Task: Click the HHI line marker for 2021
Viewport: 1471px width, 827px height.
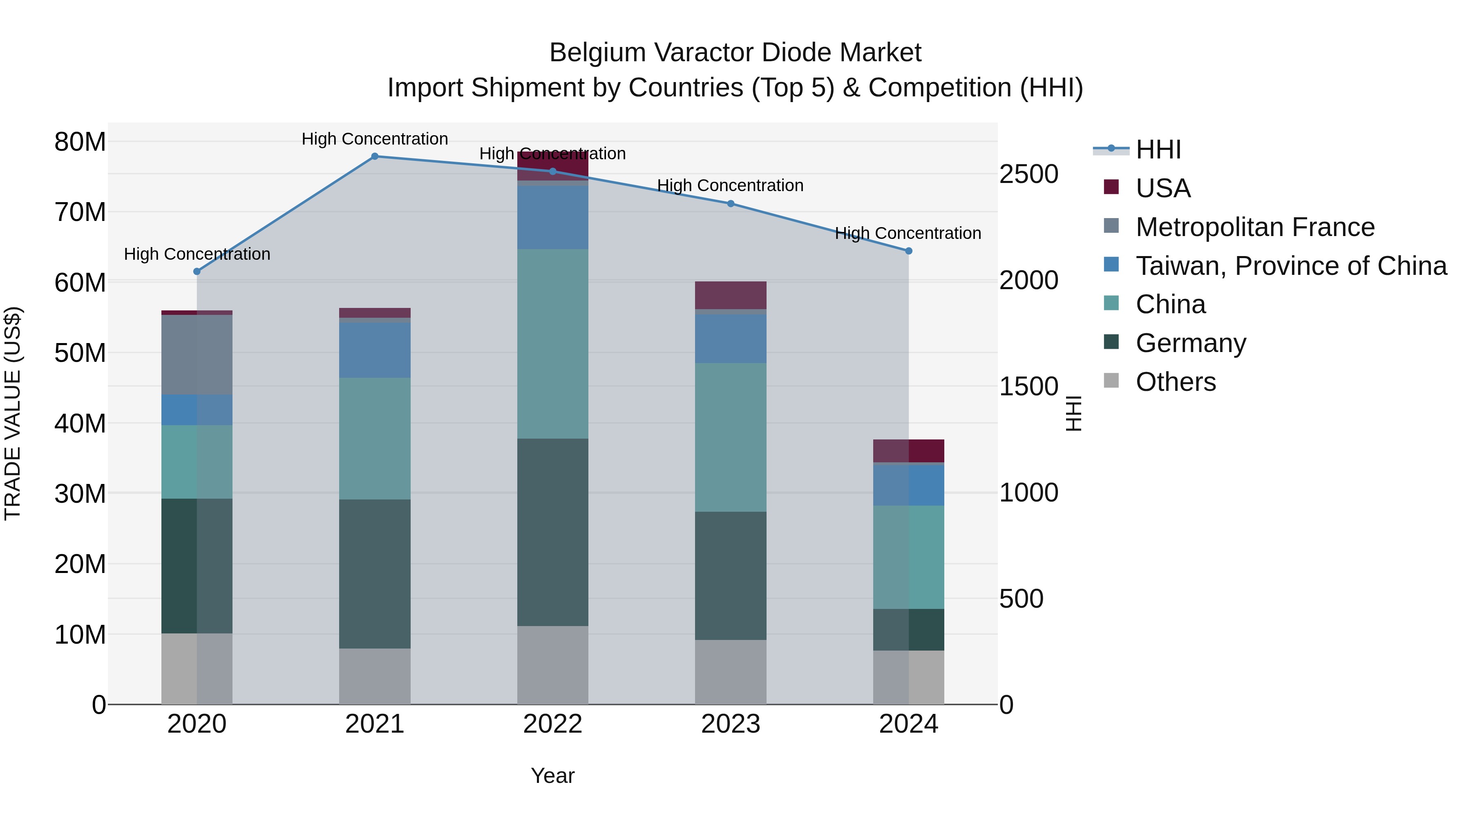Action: (375, 156)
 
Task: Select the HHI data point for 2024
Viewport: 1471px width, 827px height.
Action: (908, 251)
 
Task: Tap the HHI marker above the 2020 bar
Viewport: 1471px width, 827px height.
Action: (197, 272)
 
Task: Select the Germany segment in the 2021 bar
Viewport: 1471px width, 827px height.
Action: (375, 574)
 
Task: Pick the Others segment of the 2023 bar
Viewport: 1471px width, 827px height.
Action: (730, 672)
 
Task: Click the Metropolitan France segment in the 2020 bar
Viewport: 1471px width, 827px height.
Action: (197, 354)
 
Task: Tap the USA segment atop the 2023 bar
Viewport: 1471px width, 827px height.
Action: (730, 295)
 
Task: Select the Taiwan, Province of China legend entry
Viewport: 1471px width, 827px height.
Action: (1290, 266)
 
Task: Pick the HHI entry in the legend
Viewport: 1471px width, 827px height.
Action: (1158, 149)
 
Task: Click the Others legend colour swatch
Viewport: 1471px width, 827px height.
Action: (1111, 380)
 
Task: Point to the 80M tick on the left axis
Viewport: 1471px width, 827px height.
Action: (80, 142)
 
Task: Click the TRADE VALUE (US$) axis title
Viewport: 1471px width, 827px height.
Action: (13, 413)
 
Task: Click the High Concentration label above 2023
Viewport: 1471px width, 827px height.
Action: (730, 185)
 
